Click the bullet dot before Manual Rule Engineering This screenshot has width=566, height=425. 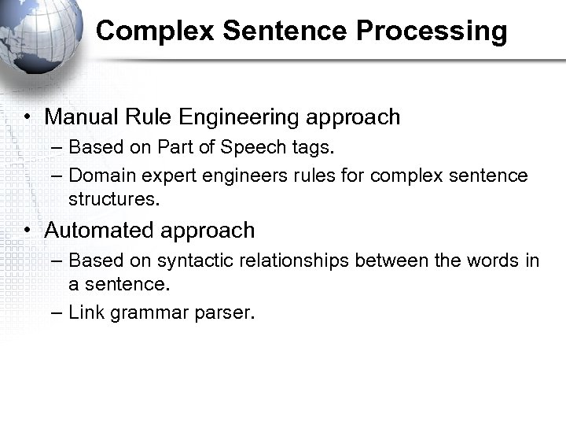[27, 118]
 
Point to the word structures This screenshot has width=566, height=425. [114, 200]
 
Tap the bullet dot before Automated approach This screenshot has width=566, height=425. [27, 231]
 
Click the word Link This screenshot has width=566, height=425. [86, 312]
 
